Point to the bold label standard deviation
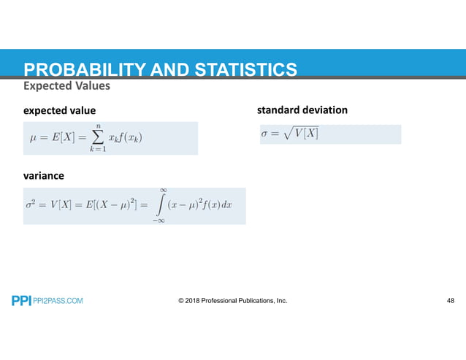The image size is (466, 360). (x=302, y=110)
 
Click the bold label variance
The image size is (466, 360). (x=43, y=176)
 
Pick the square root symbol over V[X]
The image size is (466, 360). (x=289, y=134)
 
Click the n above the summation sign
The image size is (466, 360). (x=96, y=125)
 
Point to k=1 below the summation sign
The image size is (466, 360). (x=96, y=149)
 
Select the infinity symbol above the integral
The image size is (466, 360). (x=164, y=191)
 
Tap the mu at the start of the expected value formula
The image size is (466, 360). (x=31, y=137)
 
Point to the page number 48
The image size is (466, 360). (x=450, y=300)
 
